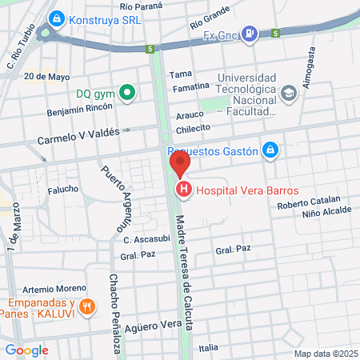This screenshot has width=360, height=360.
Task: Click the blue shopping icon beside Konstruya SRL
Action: [x=56, y=18]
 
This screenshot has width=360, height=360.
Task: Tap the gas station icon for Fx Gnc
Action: [x=250, y=34]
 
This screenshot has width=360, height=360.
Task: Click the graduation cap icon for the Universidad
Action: [x=290, y=94]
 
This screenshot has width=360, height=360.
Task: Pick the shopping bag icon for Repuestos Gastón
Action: [x=271, y=150]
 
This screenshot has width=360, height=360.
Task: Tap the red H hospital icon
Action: [x=184, y=190]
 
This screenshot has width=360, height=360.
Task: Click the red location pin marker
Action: [x=180, y=165]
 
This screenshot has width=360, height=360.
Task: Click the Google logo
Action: [x=26, y=350]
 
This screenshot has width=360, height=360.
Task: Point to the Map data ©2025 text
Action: [x=326, y=354]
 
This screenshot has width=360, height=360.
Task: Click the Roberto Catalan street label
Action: [x=309, y=204]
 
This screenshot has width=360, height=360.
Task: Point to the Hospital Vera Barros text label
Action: [x=247, y=190]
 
